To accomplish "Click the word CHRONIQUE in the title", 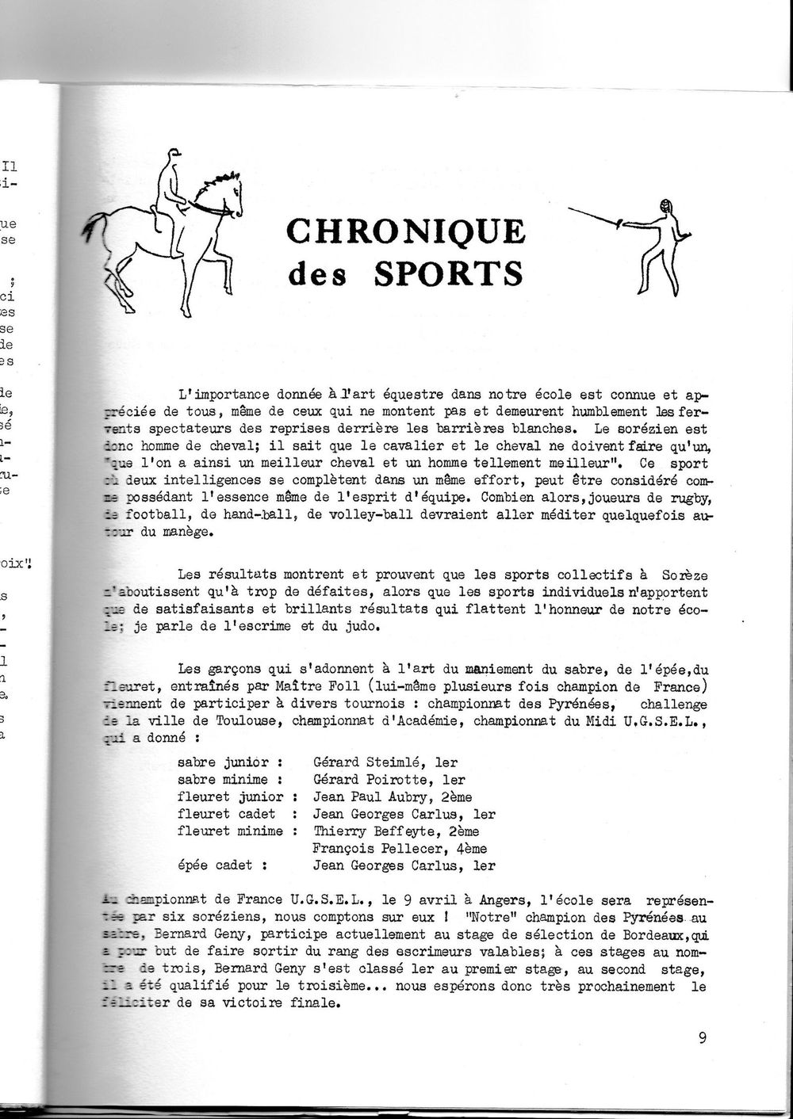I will coord(404,232).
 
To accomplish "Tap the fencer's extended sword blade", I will coord(607,216).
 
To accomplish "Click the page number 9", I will coord(703,1038).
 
